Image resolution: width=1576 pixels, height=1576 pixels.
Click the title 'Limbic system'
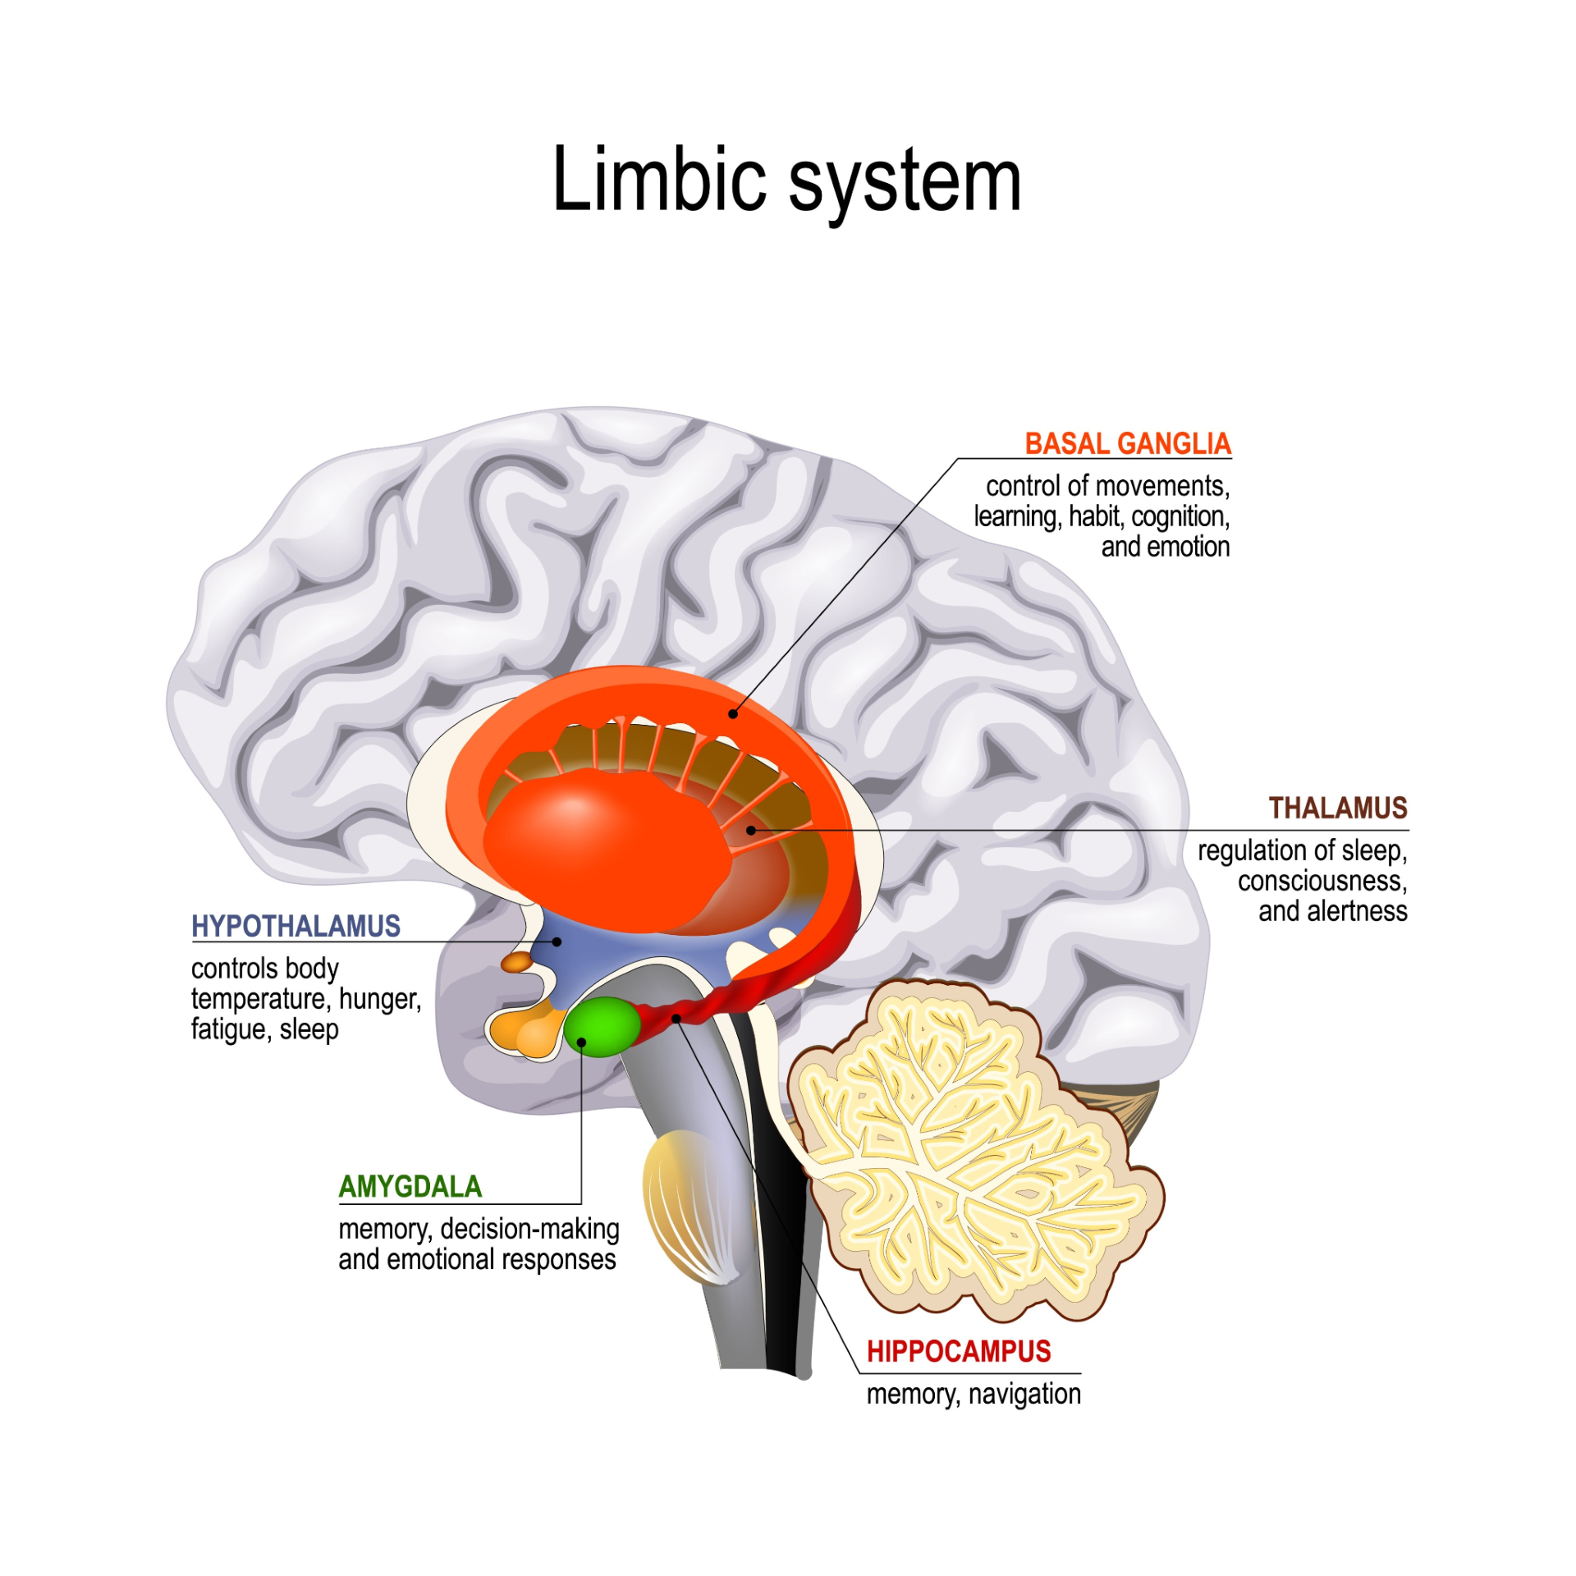pyautogui.click(x=786, y=181)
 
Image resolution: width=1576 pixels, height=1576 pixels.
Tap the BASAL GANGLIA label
pyautogui.click(x=1128, y=444)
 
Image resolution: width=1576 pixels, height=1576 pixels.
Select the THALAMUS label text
pyautogui.click(x=1337, y=809)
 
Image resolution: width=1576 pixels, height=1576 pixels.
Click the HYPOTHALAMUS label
pyautogui.click(x=295, y=927)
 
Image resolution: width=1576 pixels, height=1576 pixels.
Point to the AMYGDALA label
pyautogui.click(x=410, y=1187)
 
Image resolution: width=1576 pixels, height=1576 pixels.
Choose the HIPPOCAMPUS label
pyautogui.click(x=958, y=1352)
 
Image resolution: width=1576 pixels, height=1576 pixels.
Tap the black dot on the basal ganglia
pyautogui.click(x=733, y=714)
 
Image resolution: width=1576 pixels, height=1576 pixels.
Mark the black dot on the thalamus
pyautogui.click(x=750, y=831)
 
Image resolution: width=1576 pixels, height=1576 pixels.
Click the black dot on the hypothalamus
pyautogui.click(x=557, y=941)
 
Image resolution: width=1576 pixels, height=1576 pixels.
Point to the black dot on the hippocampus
pyautogui.click(x=676, y=1019)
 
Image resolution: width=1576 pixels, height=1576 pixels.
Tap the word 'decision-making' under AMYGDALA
pyautogui.click(x=529, y=1230)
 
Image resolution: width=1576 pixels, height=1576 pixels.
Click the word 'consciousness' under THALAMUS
pyautogui.click(x=1322, y=882)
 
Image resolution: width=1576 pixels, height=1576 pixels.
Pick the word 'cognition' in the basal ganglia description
pyautogui.click(x=1180, y=517)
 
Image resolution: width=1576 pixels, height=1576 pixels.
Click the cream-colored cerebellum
pyautogui.click(x=969, y=1149)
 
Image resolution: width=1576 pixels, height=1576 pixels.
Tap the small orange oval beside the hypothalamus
pyautogui.click(x=517, y=962)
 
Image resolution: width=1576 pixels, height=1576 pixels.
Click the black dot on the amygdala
pyautogui.click(x=581, y=1042)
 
